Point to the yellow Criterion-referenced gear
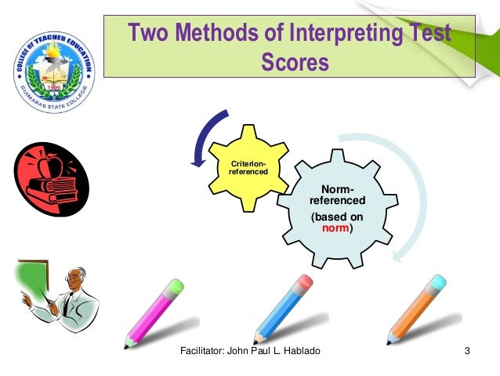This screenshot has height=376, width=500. pos(248,167)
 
